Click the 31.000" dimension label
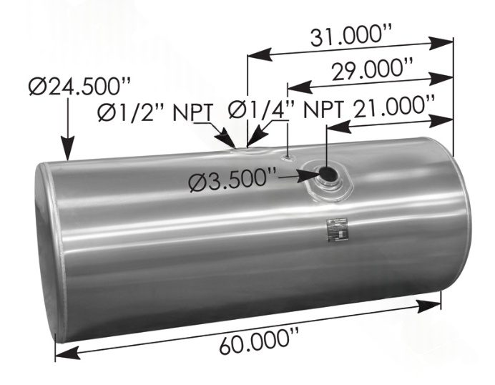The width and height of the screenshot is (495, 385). pos(351,34)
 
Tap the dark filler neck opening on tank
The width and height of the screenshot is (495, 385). pos(328,174)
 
